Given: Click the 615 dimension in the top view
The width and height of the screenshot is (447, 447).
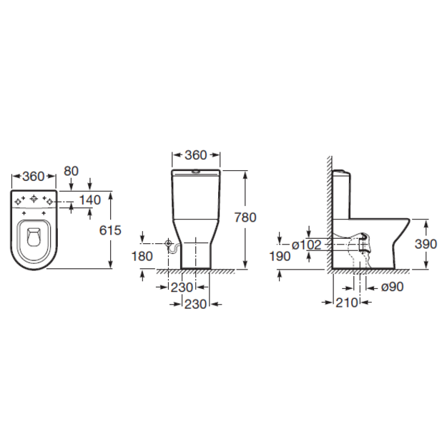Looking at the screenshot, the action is pyautogui.click(x=110, y=230).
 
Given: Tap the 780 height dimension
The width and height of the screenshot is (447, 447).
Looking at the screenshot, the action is pyautogui.click(x=245, y=217).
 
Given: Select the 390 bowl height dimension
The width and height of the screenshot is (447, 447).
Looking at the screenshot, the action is pyautogui.click(x=426, y=244).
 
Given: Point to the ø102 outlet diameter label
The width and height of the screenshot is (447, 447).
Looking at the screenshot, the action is pyautogui.click(x=306, y=245).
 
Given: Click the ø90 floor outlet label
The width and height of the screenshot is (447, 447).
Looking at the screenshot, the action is pyautogui.click(x=392, y=287).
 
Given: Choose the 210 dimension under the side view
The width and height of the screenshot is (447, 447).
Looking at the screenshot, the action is pyautogui.click(x=346, y=303).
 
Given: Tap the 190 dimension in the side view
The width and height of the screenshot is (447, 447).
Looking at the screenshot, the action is pyautogui.click(x=280, y=257).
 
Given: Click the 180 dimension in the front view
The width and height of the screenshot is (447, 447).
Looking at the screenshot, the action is pyautogui.click(x=142, y=256).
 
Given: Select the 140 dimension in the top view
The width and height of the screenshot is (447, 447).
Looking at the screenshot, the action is pyautogui.click(x=90, y=200).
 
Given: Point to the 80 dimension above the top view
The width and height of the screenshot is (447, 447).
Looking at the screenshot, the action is pyautogui.click(x=71, y=171).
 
